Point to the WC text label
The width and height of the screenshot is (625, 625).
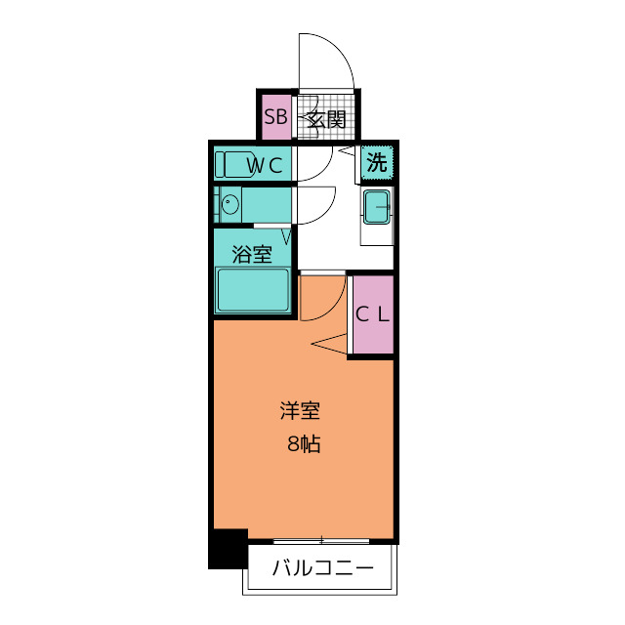tap(265, 165)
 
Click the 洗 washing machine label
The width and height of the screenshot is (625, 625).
tap(377, 163)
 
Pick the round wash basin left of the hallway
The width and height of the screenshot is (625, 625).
tap(230, 205)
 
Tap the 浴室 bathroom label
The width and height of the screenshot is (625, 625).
tap(252, 255)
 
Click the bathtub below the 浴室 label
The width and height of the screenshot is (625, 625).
tap(253, 290)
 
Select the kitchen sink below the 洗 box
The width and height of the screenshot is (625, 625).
tap(377, 206)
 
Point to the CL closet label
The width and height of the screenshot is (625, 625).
tap(372, 314)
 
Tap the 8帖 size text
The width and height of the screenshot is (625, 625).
tap(304, 444)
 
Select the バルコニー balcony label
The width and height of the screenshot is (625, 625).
tap(322, 567)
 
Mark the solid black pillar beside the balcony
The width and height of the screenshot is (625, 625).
tap(229, 548)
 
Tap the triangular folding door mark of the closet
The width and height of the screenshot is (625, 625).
tap(333, 343)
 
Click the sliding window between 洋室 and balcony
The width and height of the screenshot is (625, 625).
tap(321, 539)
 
